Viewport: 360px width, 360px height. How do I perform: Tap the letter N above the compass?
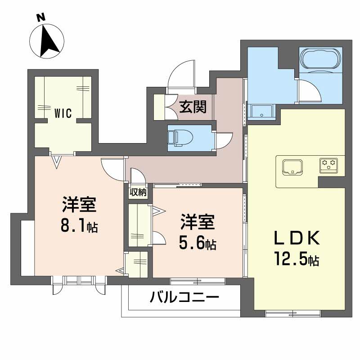tap(41, 18)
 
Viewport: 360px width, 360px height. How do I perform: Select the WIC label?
tap(63, 113)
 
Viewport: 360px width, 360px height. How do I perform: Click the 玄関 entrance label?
tap(193, 107)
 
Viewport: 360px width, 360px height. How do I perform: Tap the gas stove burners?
tap(329, 165)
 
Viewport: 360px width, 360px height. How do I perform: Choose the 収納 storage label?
tap(139, 192)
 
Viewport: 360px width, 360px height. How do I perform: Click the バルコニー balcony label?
tap(184, 297)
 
